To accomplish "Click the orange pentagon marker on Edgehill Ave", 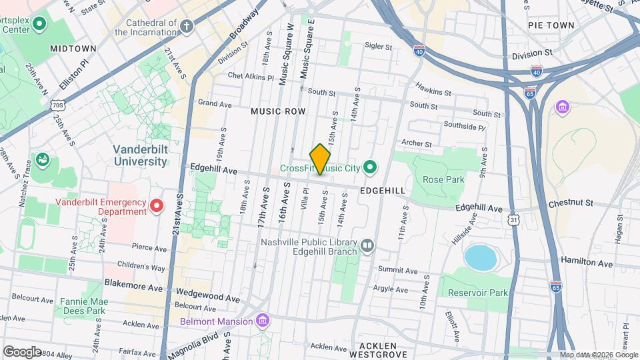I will (x=321, y=160).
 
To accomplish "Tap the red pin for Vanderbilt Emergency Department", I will (x=157, y=205).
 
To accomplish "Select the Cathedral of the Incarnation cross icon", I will (x=187, y=27).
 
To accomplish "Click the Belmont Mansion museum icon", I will (x=263, y=321).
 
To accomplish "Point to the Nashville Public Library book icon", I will (x=366, y=247).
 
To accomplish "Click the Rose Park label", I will (x=443, y=179).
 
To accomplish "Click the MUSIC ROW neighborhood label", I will (x=278, y=111).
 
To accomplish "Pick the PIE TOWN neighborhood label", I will (x=551, y=25).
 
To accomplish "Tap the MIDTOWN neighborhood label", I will (x=73, y=49).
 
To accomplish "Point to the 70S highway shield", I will (x=58, y=105).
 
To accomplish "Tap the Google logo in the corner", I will (x=22, y=351).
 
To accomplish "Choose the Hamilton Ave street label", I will (x=586, y=263).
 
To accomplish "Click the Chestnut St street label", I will (x=571, y=203).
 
